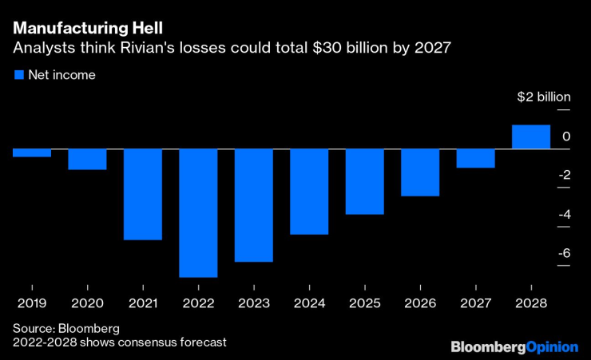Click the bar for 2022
(198, 213)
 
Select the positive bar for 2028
(530, 137)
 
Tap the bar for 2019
(32, 153)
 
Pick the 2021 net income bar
(143, 194)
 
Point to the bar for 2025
(364, 182)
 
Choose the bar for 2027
(475, 159)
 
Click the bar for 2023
(254, 205)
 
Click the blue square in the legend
(18, 75)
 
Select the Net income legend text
(62, 75)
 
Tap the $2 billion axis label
(543, 97)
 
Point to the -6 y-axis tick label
(564, 253)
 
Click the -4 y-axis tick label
(564, 214)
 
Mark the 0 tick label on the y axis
(566, 136)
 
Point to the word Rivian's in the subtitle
(148, 48)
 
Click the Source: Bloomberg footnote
(65, 328)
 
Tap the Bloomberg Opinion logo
(514, 346)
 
